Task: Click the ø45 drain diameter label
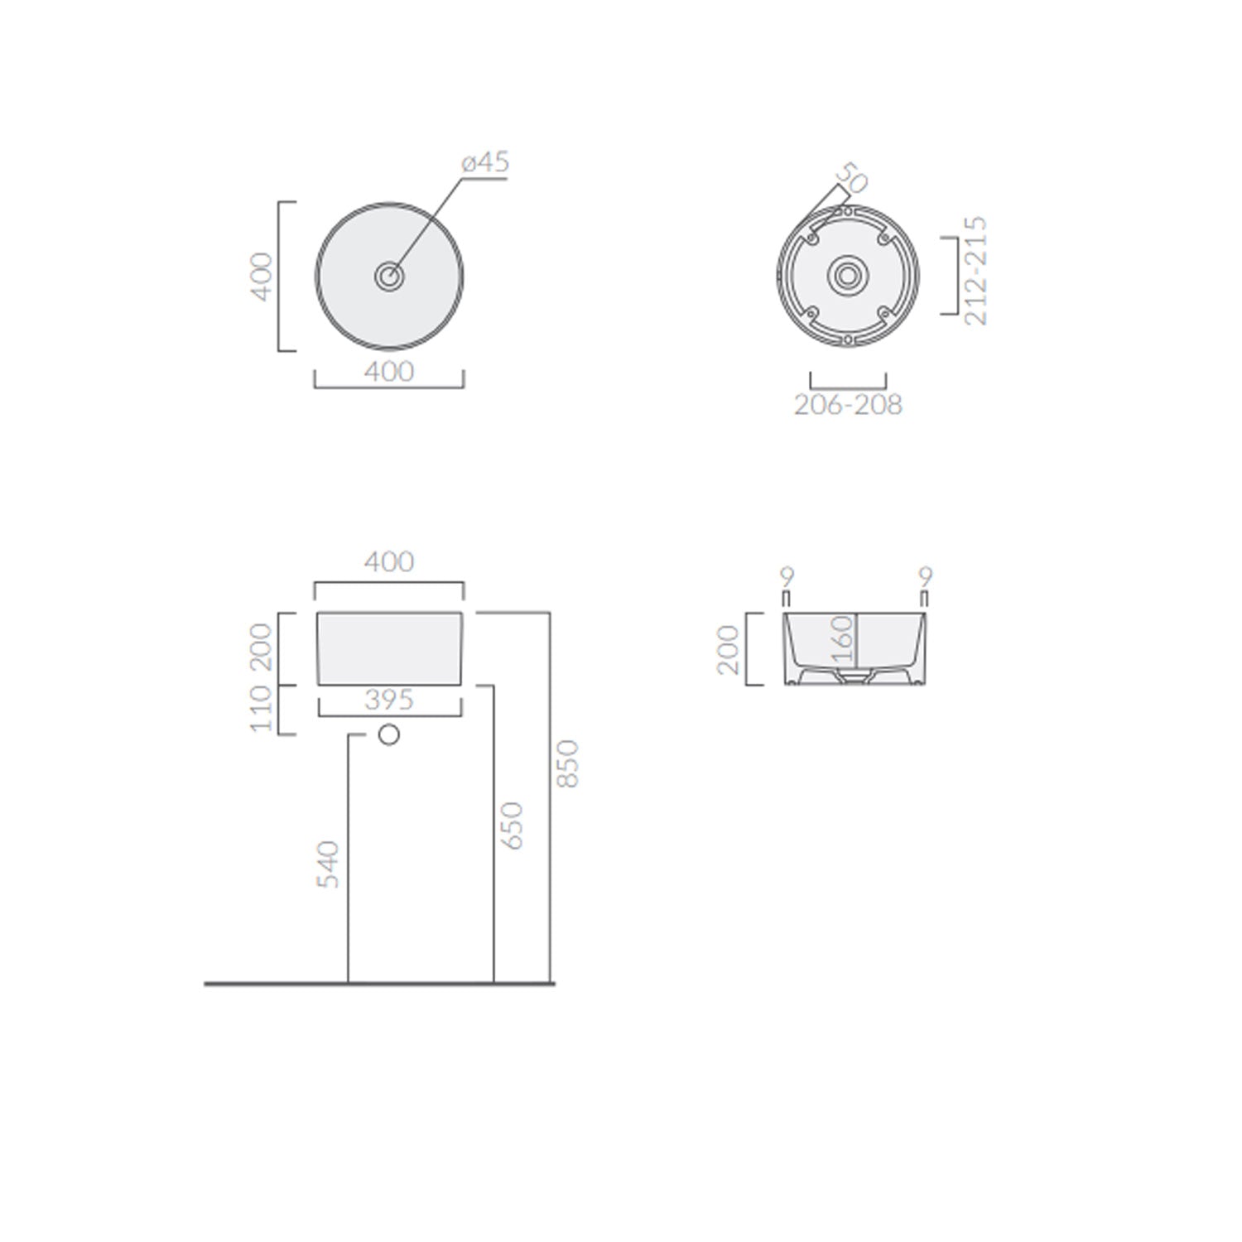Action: (486, 162)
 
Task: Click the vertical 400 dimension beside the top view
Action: (262, 277)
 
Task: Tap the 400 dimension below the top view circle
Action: (388, 372)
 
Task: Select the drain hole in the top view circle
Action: (389, 276)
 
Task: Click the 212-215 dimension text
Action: (976, 271)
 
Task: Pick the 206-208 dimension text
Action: (848, 405)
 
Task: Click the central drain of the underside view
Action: (847, 275)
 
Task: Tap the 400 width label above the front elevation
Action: (388, 562)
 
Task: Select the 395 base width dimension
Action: (388, 700)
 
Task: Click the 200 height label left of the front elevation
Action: (262, 647)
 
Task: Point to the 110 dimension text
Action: (262, 709)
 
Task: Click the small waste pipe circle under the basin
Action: (388, 734)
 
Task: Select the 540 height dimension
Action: (330, 864)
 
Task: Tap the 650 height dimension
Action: (513, 825)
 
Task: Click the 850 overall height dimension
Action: (568, 763)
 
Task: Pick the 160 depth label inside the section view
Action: (841, 640)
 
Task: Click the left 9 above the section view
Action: (787, 575)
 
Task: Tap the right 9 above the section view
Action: (925, 575)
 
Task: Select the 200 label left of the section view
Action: (729, 649)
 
